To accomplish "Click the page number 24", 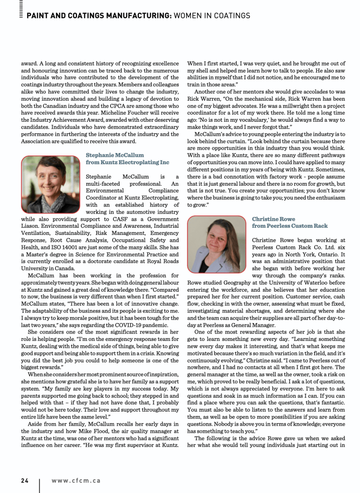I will coord(25,480).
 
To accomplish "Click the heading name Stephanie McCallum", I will coord(115,156).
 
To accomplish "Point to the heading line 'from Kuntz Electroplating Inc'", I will coord(127,163).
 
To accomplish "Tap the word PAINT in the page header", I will coord(39,16).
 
